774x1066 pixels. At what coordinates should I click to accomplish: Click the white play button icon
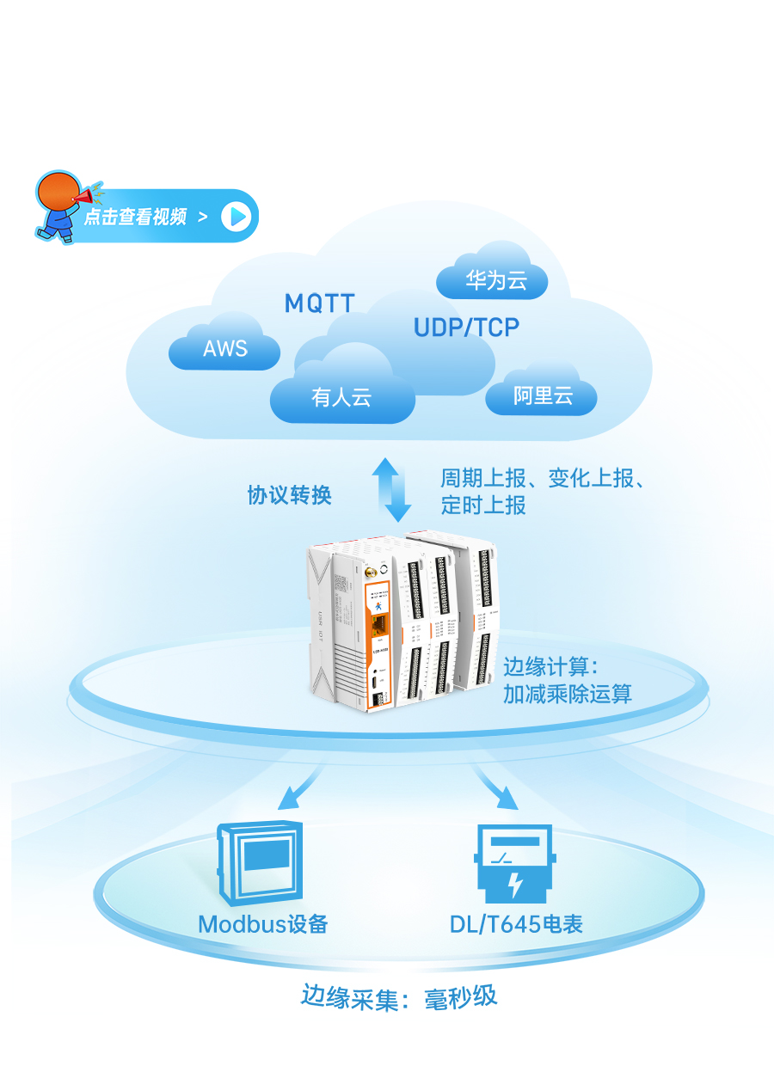point(236,216)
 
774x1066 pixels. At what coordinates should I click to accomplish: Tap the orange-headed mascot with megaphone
point(62,205)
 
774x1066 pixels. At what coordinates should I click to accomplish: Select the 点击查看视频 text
point(135,217)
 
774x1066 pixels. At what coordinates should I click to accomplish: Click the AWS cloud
point(224,348)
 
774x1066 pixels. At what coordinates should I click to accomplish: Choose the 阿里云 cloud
point(542,396)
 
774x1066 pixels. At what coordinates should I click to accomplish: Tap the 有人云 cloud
point(341,397)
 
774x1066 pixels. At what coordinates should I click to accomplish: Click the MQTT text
point(320,303)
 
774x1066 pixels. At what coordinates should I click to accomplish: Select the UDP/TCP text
point(466,328)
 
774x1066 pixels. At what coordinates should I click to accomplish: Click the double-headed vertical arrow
point(391,490)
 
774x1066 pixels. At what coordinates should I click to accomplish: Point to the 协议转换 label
point(289,495)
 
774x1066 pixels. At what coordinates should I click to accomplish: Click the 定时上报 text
point(483,505)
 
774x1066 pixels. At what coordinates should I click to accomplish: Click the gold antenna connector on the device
point(366,570)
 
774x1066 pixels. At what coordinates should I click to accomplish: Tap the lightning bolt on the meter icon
point(515,884)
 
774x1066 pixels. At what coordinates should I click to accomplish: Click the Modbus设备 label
point(263,924)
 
